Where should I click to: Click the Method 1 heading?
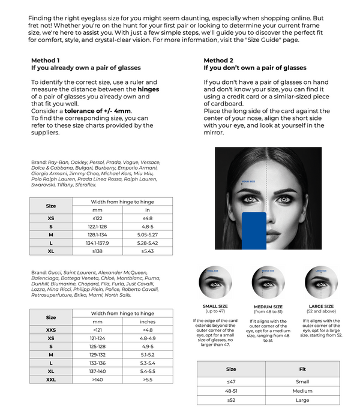click(x=46, y=61)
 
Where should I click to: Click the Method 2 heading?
click(x=218, y=61)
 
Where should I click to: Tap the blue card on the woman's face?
click(x=252, y=230)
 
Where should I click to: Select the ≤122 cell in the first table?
click(x=98, y=218)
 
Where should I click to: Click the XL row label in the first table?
click(x=51, y=252)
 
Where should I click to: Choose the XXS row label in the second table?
click(x=51, y=330)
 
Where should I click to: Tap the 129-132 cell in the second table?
click(x=98, y=355)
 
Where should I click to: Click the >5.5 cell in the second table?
click(x=148, y=380)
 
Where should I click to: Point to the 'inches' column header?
click(x=148, y=321)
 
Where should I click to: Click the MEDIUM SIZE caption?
click(x=268, y=306)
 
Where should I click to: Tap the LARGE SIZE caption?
click(x=321, y=306)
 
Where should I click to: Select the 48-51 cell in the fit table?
click(x=231, y=391)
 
